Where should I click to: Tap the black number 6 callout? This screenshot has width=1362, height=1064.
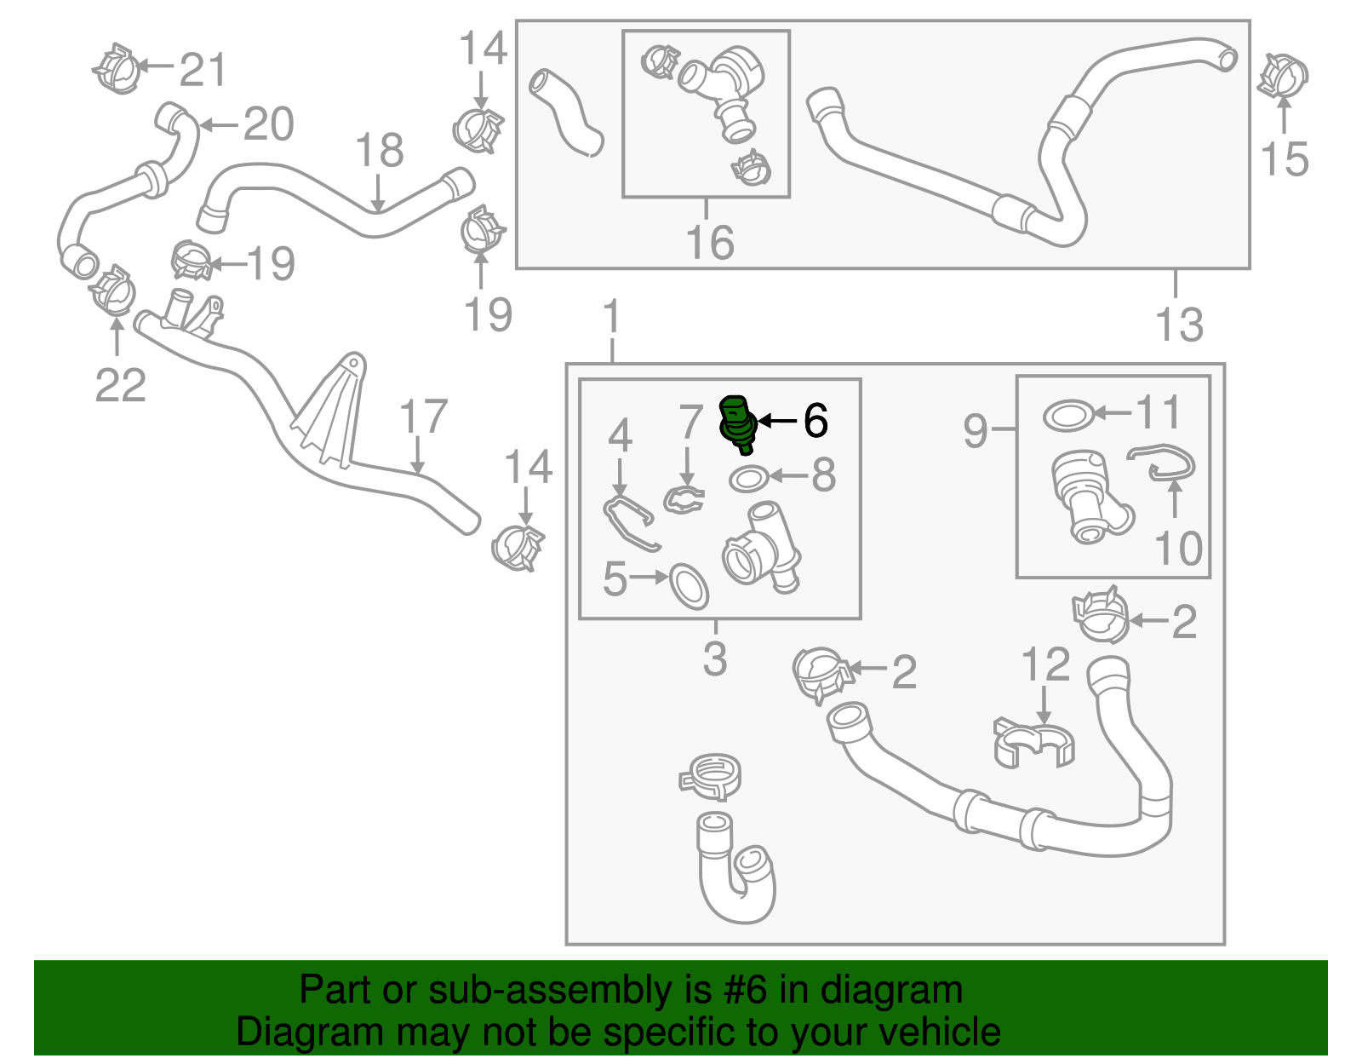815,420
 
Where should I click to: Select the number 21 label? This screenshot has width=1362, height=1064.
203,70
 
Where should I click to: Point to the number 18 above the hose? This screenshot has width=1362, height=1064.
379,151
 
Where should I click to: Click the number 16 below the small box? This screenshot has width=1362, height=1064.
710,243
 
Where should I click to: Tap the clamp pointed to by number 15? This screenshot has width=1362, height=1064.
1283,75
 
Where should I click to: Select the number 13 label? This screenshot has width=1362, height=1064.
1180,325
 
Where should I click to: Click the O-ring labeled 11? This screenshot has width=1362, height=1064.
1067,416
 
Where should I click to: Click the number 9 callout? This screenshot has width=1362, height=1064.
976,431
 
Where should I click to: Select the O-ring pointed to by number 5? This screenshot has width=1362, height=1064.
689,586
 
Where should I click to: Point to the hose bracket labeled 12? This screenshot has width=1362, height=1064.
1033,741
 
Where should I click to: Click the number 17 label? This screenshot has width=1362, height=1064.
423,417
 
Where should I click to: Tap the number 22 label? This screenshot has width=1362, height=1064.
120,385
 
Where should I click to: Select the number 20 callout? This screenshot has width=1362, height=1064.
268,125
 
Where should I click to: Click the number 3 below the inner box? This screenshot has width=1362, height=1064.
715,659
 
